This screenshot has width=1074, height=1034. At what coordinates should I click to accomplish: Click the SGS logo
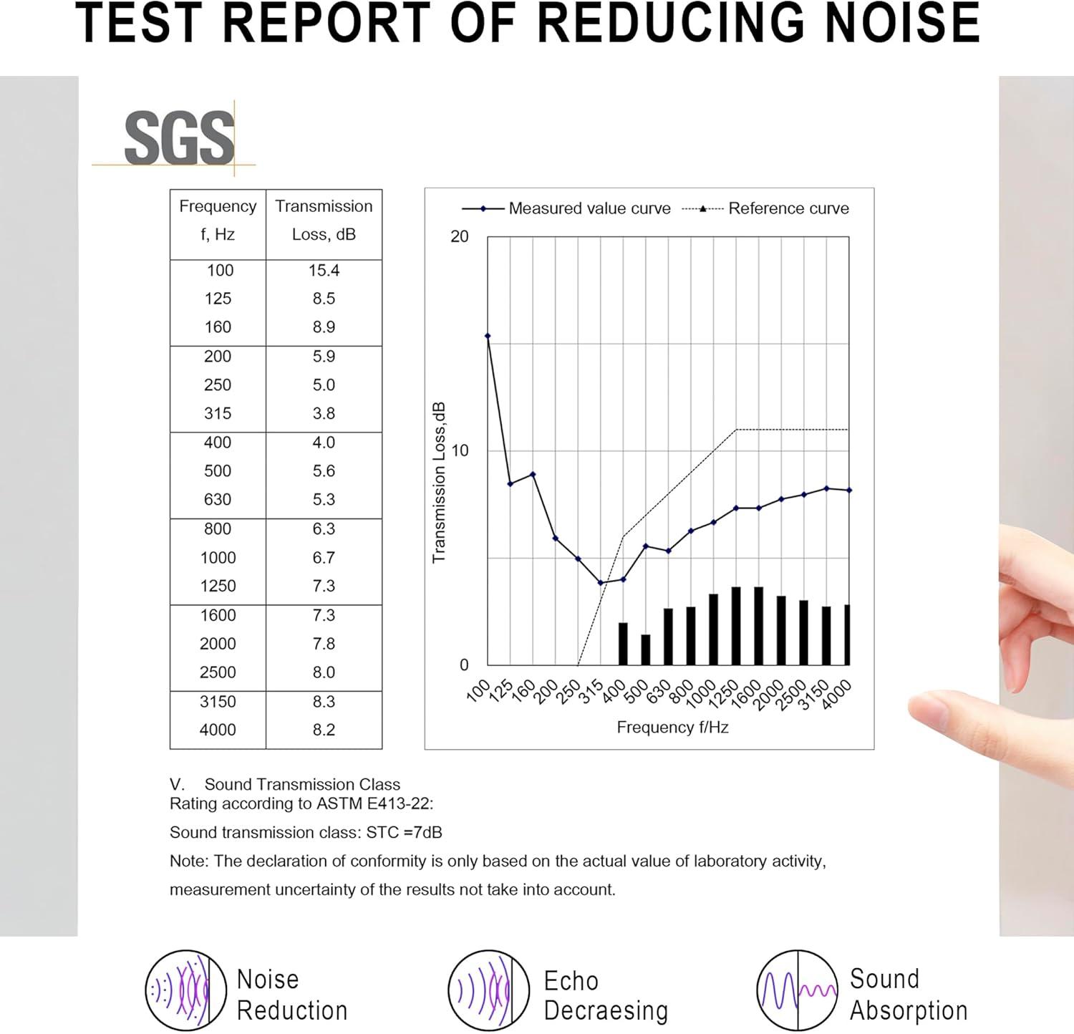(x=179, y=137)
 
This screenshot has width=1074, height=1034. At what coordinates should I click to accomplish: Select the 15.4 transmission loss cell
(x=324, y=271)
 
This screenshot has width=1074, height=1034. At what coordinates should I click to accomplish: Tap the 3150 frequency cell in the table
(x=218, y=702)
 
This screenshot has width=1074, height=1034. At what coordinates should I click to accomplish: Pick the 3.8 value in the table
(x=324, y=414)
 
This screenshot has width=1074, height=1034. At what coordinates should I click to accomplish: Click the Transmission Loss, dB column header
(x=324, y=221)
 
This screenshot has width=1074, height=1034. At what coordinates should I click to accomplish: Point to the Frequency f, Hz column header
(x=218, y=221)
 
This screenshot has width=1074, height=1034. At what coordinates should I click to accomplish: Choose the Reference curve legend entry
(x=766, y=208)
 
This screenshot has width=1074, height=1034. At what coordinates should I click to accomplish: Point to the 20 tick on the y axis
(x=459, y=236)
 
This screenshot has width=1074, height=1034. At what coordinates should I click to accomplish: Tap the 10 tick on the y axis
(x=459, y=450)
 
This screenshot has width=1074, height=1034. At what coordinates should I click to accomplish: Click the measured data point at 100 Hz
(x=488, y=336)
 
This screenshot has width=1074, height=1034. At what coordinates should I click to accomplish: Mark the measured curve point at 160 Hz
(x=533, y=474)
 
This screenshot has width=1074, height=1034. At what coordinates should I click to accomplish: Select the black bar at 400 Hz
(x=623, y=644)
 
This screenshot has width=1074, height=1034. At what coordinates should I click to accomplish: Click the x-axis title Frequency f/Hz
(x=672, y=728)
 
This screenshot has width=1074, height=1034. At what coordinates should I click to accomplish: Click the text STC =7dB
(x=405, y=833)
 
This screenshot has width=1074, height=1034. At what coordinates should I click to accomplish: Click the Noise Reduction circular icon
(x=177, y=991)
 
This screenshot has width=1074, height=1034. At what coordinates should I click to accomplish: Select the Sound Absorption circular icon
(x=797, y=991)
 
